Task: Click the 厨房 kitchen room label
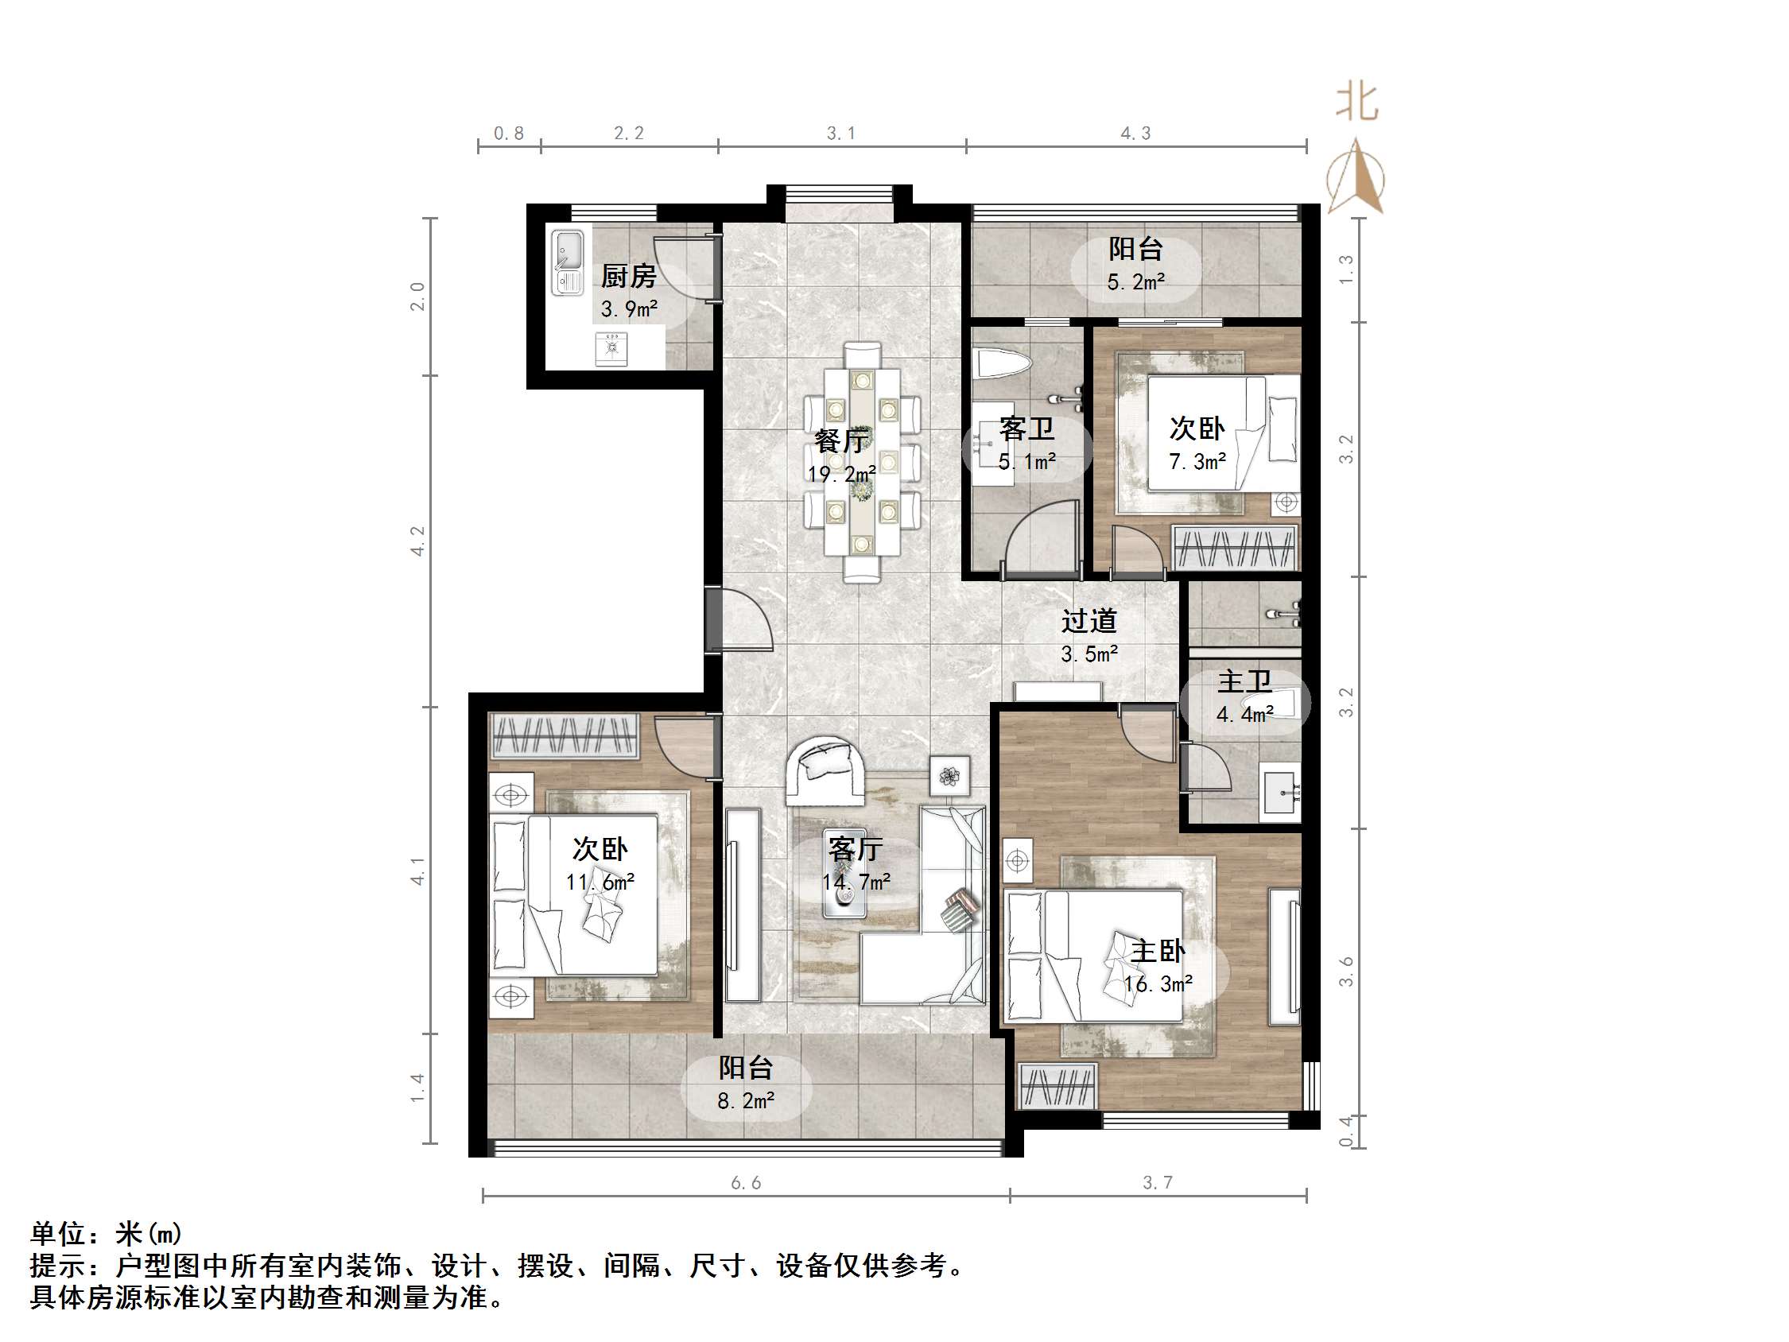point(627,277)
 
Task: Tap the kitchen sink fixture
point(568,262)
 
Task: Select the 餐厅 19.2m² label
point(841,473)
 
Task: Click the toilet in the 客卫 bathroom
point(1002,363)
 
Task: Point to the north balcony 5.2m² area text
point(1135,282)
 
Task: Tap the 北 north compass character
point(1356,103)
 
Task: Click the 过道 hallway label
point(1089,620)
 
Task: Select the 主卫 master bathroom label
point(1244,681)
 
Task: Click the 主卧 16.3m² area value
point(1158,983)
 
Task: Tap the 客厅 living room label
point(855,848)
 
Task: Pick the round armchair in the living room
point(825,771)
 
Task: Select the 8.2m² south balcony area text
point(746,1101)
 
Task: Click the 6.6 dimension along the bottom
point(746,1183)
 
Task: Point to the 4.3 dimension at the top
point(1135,134)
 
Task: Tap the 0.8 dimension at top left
point(509,134)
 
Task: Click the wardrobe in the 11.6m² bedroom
point(564,736)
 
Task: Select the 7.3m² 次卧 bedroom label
point(1197,461)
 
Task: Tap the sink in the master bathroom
point(1281,794)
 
